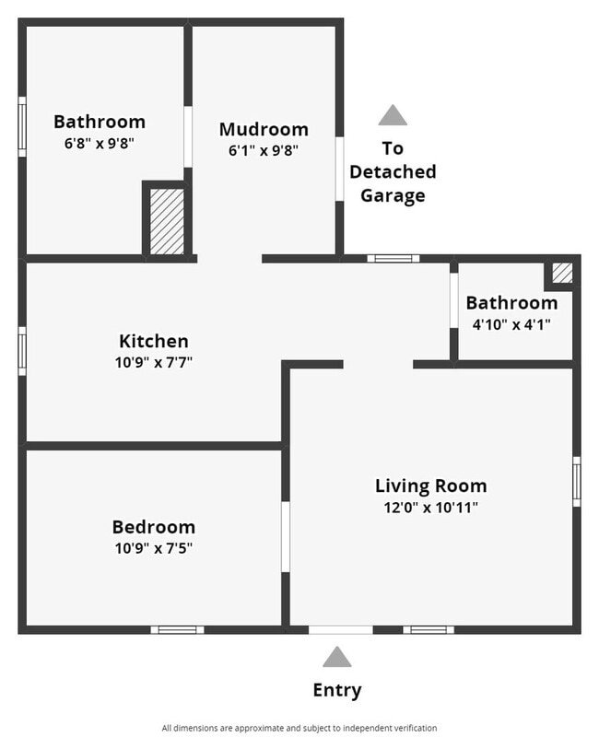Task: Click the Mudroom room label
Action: [x=264, y=129]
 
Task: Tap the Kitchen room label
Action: [x=154, y=341]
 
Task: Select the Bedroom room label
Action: [x=154, y=527]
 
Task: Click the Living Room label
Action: [x=430, y=485]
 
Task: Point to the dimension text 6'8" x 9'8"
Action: [x=100, y=143]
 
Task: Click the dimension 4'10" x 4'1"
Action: [x=511, y=324]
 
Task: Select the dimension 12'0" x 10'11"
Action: [x=430, y=507]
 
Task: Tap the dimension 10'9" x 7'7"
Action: [x=154, y=362]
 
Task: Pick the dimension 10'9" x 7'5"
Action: [x=154, y=548]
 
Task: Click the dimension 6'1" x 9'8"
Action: [x=264, y=150]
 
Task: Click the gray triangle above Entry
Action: [x=337, y=657]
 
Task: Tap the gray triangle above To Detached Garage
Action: [x=393, y=115]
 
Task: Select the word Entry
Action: [x=337, y=690]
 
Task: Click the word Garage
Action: [x=393, y=195]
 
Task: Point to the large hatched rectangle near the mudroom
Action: [x=167, y=221]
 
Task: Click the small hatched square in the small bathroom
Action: [x=561, y=274]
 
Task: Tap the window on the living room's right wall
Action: [x=577, y=481]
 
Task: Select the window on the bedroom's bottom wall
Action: [x=177, y=630]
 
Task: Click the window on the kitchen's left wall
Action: [x=22, y=350]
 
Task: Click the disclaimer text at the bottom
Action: [x=299, y=728]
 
